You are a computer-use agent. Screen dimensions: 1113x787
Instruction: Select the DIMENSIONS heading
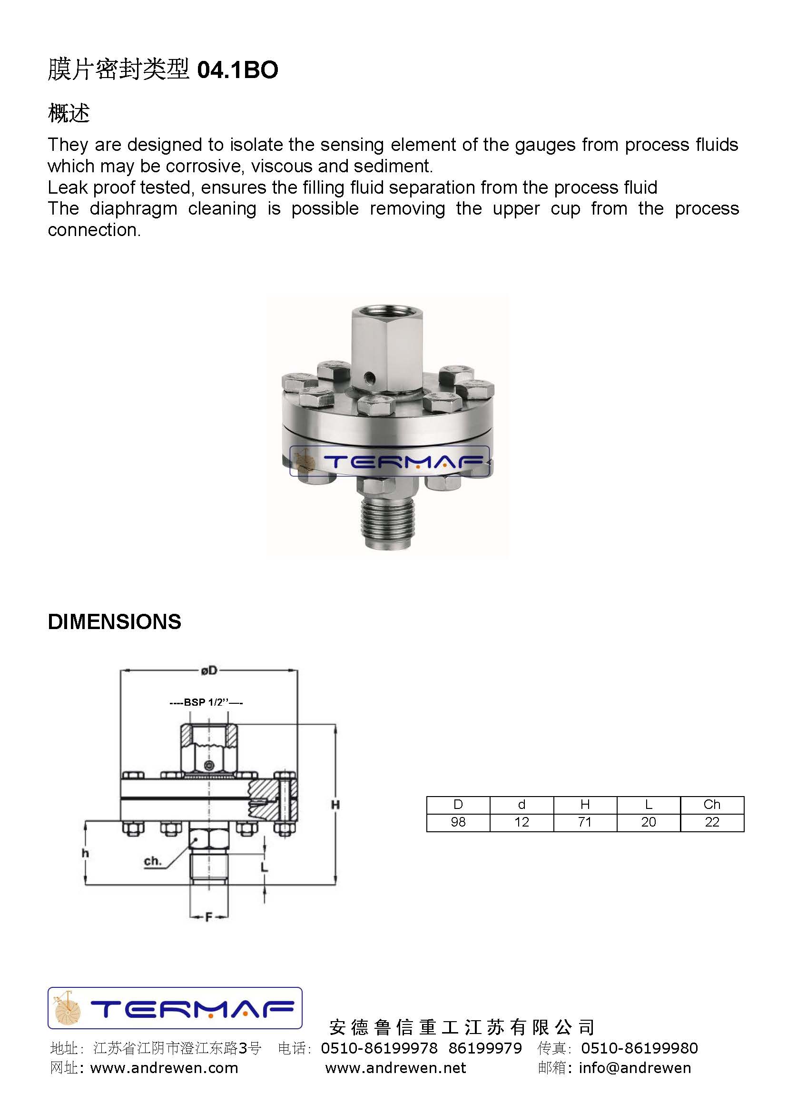tap(114, 622)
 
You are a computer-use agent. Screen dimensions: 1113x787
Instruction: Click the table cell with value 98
tap(458, 822)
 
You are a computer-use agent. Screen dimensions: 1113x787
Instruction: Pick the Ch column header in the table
tap(711, 805)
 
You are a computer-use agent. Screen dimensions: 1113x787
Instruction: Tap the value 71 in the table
tap(584, 822)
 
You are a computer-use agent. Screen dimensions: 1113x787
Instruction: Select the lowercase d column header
tap(521, 805)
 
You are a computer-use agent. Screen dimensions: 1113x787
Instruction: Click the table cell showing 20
tap(648, 822)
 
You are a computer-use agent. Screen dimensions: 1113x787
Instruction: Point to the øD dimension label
tap(209, 671)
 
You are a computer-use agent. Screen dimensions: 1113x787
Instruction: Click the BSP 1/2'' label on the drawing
tap(207, 702)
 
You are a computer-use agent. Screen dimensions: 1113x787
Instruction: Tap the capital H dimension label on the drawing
tap(335, 805)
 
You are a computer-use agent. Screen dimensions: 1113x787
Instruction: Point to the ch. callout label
tap(152, 861)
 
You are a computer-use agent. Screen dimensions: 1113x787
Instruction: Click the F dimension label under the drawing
tap(209, 917)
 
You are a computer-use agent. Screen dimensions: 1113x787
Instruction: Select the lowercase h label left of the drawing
tap(85, 853)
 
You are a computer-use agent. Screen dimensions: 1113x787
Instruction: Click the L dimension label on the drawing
tap(264, 867)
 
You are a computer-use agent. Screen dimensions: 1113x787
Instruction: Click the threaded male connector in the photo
tap(387, 523)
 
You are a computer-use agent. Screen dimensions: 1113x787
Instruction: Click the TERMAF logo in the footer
tap(175, 1008)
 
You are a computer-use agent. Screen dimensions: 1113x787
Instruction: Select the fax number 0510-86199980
tap(639, 1048)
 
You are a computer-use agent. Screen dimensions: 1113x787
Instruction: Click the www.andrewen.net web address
tap(395, 1068)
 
